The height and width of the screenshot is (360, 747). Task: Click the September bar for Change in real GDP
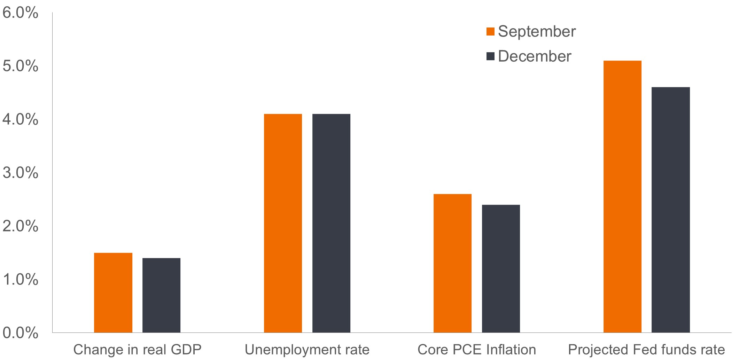click(113, 292)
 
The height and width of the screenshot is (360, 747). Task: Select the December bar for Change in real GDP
click(161, 295)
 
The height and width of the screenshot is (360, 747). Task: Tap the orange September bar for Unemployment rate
click(283, 223)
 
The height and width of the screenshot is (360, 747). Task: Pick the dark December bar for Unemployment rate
click(331, 223)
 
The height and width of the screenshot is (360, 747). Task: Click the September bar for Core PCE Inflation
click(452, 263)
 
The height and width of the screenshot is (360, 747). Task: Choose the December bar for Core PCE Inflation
click(501, 268)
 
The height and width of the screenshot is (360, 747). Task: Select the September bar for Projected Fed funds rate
click(622, 197)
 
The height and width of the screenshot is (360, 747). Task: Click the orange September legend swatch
click(490, 32)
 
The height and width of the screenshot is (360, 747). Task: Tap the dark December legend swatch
click(490, 56)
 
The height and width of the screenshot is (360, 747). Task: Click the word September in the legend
click(537, 32)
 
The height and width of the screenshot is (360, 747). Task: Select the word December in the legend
click(535, 56)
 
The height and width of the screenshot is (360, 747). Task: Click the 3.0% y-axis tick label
click(20, 173)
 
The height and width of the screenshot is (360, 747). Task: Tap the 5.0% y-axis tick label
click(20, 66)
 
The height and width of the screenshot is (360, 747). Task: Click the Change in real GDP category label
click(138, 350)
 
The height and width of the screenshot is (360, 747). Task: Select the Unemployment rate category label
click(307, 350)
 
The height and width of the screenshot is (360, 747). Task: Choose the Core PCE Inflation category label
click(476, 350)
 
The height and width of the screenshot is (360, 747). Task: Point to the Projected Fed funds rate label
click(646, 350)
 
